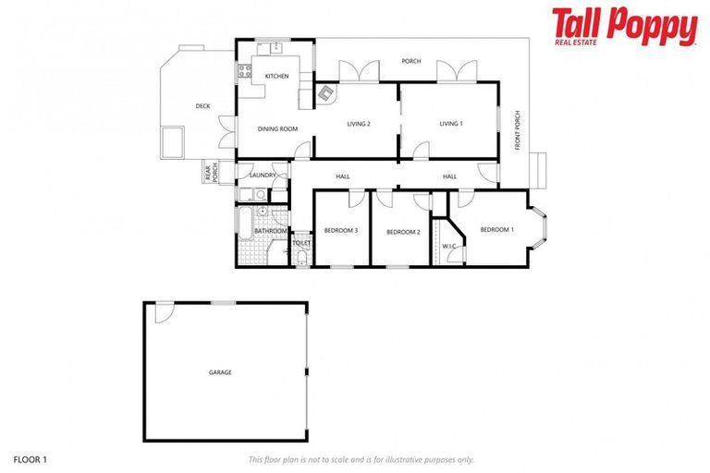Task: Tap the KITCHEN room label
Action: [x=276, y=76]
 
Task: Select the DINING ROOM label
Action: [x=277, y=128]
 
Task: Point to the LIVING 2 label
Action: [x=359, y=124]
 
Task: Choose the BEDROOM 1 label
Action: [x=496, y=229]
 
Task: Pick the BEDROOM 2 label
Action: [x=403, y=232]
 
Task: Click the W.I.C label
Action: [x=450, y=246]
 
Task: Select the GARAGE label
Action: [x=220, y=372]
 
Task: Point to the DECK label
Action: [x=202, y=106]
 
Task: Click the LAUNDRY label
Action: [x=263, y=175]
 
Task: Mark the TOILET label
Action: [x=301, y=243]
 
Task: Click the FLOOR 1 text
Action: [x=30, y=458]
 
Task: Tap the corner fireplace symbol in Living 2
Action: [x=325, y=92]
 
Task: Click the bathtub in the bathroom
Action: [x=244, y=224]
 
